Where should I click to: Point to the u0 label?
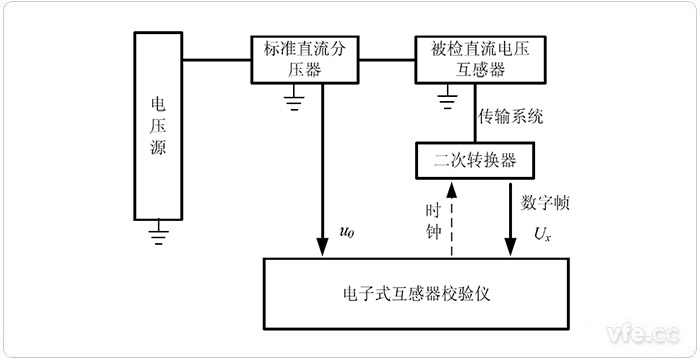click(x=347, y=232)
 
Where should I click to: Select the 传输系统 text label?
click(x=510, y=116)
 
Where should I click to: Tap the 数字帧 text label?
click(x=543, y=202)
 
